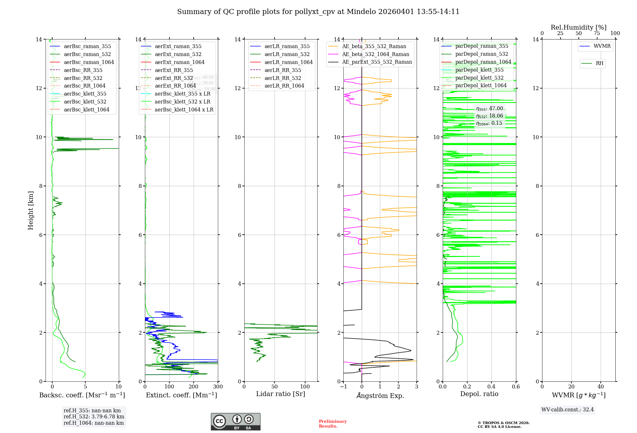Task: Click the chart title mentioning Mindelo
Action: click(x=318, y=12)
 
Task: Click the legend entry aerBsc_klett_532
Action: click(x=85, y=102)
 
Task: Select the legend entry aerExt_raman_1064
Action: click(x=180, y=62)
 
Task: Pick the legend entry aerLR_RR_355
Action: click(x=283, y=70)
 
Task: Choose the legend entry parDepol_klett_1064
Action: click(x=481, y=86)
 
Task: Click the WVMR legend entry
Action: click(x=602, y=46)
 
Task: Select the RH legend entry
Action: click(x=599, y=63)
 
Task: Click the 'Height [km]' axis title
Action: click(x=31, y=210)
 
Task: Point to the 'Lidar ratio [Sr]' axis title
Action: click(x=281, y=394)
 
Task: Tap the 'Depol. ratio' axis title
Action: click(x=479, y=394)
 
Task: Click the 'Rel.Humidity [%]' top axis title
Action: click(x=579, y=28)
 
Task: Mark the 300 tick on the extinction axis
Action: click(x=218, y=387)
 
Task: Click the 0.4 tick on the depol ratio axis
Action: click(x=491, y=387)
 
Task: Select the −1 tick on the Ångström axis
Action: click(x=343, y=387)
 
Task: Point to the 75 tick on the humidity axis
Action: click(x=597, y=33)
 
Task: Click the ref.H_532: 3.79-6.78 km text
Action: click(x=94, y=417)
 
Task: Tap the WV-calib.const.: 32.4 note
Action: click(x=568, y=410)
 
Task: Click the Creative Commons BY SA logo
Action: click(x=235, y=422)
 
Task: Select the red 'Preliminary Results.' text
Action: click(x=333, y=424)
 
